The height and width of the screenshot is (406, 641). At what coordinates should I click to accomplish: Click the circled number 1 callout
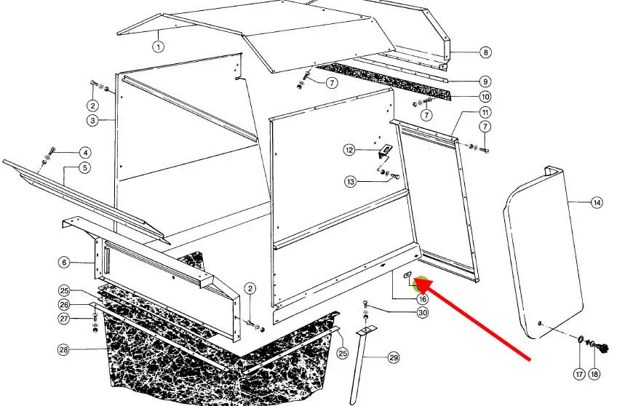tap(159, 47)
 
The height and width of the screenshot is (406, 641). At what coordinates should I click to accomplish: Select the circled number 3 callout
tap(93, 121)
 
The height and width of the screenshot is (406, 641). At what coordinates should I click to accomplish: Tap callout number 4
tap(85, 153)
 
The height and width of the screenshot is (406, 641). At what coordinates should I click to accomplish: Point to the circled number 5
tap(84, 167)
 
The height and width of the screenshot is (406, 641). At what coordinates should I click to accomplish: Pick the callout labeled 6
tap(64, 262)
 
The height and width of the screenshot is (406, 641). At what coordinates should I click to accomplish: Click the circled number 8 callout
tap(485, 52)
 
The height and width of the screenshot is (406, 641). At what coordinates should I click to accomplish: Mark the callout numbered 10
tap(485, 97)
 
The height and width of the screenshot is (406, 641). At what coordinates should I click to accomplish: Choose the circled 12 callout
tap(349, 150)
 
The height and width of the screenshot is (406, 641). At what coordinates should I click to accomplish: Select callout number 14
tap(597, 202)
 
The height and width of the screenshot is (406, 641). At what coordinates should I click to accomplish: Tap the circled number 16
tap(423, 299)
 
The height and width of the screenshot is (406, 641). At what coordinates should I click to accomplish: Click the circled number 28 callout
tap(64, 349)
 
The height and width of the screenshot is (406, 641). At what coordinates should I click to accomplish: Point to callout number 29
tap(394, 358)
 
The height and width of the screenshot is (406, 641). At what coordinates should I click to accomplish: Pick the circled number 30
tap(423, 313)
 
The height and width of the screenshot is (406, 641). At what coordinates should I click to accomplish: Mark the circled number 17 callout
tap(579, 374)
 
